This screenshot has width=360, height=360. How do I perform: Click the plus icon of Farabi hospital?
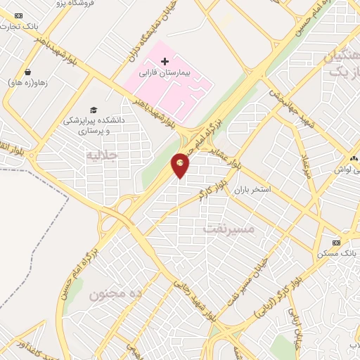click(x=165, y=62)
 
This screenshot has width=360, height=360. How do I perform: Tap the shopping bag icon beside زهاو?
click(x=27, y=72)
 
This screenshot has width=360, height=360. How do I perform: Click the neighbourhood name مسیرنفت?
click(x=226, y=229)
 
